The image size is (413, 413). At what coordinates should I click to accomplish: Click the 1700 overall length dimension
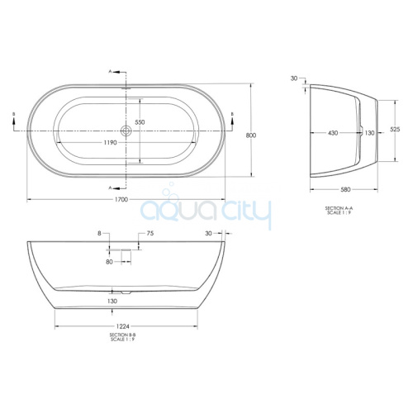tap(121, 199)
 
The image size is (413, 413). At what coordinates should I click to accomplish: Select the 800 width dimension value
tap(251, 135)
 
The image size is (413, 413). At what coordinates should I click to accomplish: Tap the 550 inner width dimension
tap(140, 122)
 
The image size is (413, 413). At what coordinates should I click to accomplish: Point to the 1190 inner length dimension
tap(110, 143)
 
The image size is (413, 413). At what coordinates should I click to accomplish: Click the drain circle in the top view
tap(126, 131)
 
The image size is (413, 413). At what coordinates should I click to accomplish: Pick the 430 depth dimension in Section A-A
tap(333, 133)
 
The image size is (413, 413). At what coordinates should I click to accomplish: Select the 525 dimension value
tap(395, 129)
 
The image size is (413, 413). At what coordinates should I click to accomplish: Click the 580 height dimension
tap(345, 189)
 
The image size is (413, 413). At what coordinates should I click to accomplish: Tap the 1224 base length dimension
tap(122, 326)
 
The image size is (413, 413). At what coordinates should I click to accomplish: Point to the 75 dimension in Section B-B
tap(150, 234)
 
